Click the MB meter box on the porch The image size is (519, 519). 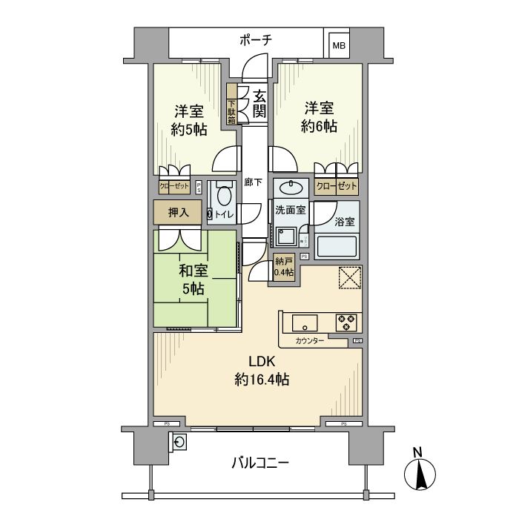pos(338,45)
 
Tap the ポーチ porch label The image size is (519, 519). pos(254,41)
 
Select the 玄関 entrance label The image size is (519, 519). pos(259,104)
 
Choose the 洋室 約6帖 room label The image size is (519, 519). pos(319,117)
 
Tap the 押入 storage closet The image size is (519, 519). pos(177,212)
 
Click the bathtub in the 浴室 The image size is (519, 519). pos(338,245)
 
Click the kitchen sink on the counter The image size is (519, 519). pos(305,323)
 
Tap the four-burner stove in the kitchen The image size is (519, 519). pos(346,323)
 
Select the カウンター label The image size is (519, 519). pos(311,342)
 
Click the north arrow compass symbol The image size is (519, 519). pos(419,471)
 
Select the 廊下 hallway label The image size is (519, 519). pos(253,182)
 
